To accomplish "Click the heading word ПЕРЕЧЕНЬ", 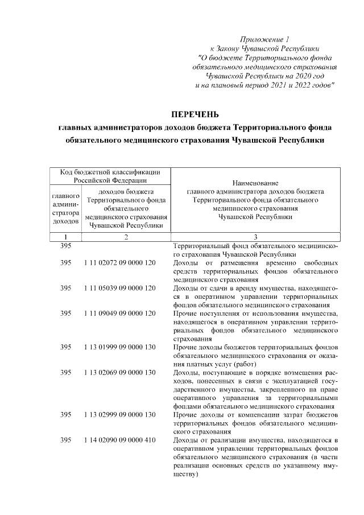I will click(195, 113).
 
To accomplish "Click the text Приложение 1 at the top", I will click(264, 39).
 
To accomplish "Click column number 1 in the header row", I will click(66, 237).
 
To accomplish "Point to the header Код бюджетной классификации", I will click(110, 172).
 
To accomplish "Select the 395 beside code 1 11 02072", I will click(66, 263).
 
